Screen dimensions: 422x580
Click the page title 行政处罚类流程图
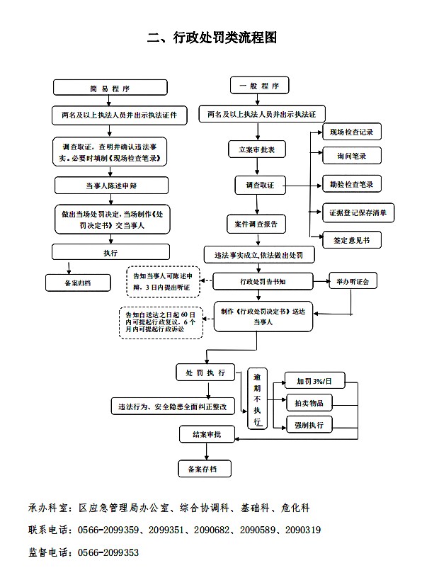click(x=225, y=38)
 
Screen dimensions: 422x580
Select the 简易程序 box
click(x=110, y=88)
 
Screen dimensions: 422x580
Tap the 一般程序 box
click(x=259, y=86)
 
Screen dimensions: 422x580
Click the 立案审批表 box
click(x=257, y=149)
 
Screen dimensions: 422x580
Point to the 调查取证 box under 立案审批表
click(x=261, y=185)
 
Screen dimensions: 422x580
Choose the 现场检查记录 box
click(x=352, y=132)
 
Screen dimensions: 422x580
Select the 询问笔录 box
click(x=352, y=156)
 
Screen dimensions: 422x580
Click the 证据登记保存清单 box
click(x=358, y=212)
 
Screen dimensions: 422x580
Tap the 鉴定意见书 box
click(x=352, y=241)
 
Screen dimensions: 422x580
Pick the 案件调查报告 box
click(x=256, y=224)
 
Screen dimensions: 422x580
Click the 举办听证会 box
click(x=353, y=281)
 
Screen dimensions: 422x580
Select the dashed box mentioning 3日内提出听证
click(x=163, y=282)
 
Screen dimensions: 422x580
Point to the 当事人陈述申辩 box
click(x=111, y=186)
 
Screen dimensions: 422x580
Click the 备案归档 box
click(x=78, y=283)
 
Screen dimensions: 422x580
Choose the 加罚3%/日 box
click(x=314, y=380)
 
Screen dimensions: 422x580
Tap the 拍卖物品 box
click(x=309, y=403)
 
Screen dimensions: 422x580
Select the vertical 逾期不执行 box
click(x=258, y=399)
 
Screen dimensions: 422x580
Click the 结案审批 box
click(x=207, y=434)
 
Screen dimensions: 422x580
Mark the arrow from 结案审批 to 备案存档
click(x=207, y=452)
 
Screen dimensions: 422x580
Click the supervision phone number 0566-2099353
click(x=108, y=552)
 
